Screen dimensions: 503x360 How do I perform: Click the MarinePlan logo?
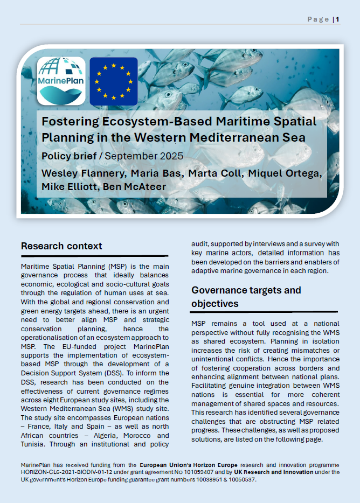tap(61, 81)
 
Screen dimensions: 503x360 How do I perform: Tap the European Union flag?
tap(113, 81)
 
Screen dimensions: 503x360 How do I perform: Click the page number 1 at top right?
tap(337, 19)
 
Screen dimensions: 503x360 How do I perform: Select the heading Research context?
tap(61, 246)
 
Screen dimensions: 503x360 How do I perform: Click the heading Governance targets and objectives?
tap(246, 297)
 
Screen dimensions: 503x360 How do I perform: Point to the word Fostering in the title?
tap(70, 121)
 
